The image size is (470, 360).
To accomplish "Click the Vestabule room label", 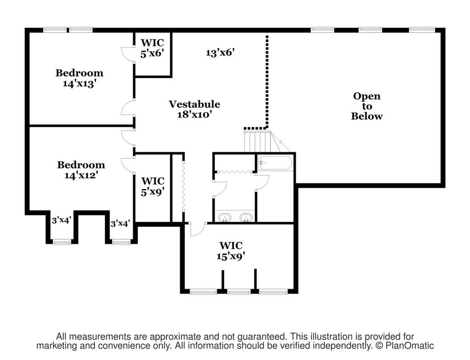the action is pos(194,104).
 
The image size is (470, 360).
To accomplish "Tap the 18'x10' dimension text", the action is pos(195,114).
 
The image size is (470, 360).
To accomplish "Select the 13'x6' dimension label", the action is pos(220,53).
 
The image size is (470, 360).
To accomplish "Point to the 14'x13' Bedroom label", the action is pos(79,78).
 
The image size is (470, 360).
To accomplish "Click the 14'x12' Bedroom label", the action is pos(81,170).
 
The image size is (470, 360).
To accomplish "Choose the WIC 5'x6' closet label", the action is pos(152,48).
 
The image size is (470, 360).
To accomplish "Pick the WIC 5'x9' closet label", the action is pos(153,186).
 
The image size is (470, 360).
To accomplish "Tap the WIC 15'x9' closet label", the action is pos(231,251).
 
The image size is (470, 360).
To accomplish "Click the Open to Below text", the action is pos(367,106).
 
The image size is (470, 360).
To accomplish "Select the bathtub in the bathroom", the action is pos(275,163).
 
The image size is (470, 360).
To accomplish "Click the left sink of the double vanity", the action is pos(224,217).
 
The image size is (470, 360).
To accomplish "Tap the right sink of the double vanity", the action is pos(246,217).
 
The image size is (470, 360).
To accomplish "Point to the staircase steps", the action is pos(257,142).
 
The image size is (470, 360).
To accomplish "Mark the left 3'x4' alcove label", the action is pos(61,221).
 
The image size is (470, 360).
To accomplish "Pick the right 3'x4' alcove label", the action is pos(120,224).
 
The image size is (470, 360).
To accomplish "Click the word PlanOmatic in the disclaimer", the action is pos(409,346).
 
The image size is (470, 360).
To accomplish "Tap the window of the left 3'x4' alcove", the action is pos(62,242).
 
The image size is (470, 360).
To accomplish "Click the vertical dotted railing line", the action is pos(267,81).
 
